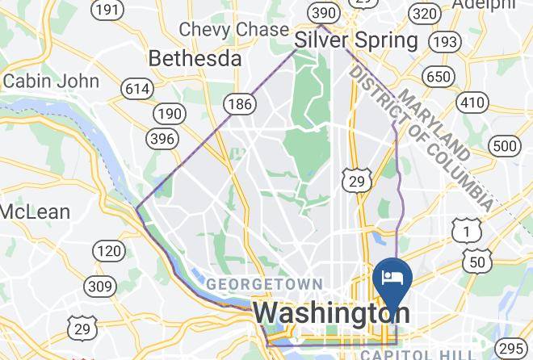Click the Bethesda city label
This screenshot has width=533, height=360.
click(195, 59)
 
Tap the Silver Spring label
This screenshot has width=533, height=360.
click(355, 40)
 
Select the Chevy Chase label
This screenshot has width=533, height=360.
click(234, 29)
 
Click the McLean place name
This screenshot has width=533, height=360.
click(35, 212)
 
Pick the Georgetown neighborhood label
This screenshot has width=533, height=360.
click(264, 284)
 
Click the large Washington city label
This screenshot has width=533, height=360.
click(331, 313)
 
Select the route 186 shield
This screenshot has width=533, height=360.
click(240, 103)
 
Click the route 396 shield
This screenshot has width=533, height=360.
click(162, 139)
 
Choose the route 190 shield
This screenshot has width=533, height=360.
click(170, 114)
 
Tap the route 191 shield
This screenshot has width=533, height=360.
click(107, 10)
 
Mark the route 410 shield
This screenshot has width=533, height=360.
click(472, 102)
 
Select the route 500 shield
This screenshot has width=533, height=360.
click(506, 146)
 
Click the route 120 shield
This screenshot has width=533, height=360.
click(109, 251)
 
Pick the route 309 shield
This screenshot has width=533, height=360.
click(101, 286)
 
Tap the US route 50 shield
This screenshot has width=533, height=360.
click(476, 261)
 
